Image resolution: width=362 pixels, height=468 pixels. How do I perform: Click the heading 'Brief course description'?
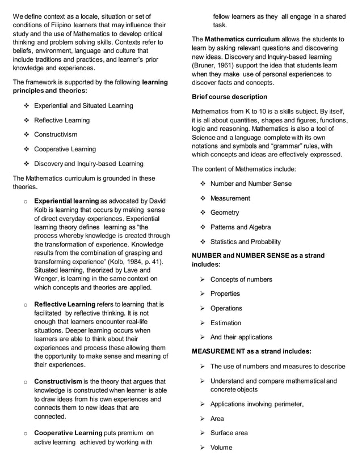point(230,97)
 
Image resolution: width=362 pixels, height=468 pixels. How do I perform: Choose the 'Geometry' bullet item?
point(225,213)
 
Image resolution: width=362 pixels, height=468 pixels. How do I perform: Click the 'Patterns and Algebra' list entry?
point(241,227)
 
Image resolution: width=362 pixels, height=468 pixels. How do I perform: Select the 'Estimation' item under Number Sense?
point(226,323)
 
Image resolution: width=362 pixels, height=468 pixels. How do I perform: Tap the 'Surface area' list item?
point(229,433)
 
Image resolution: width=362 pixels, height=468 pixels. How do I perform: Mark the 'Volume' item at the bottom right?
point(221,448)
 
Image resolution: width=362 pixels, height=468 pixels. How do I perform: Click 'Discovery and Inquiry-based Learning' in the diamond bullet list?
point(89,164)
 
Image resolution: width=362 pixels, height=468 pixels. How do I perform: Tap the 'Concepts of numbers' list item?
point(241,279)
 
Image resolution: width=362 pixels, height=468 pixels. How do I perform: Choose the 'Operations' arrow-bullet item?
point(226,308)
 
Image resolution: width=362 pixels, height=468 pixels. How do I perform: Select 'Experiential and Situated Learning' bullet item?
point(84,106)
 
